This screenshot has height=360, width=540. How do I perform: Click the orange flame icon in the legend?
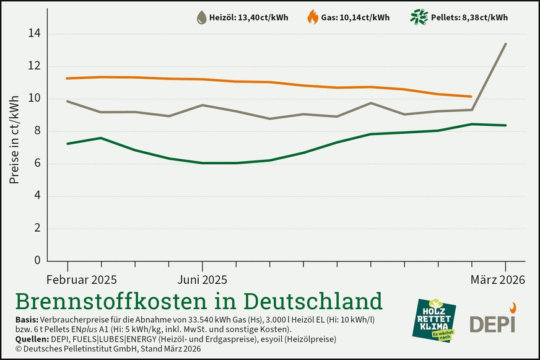point(312,17)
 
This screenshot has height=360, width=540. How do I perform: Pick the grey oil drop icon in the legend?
point(201,17)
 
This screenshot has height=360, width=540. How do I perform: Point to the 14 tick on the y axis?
point(36,33)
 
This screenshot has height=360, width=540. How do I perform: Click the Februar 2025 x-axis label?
point(82,280)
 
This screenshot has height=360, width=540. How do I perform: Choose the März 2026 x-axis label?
point(497,280)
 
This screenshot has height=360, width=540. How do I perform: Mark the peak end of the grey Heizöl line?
point(506,44)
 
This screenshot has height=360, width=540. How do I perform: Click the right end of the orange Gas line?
point(472,97)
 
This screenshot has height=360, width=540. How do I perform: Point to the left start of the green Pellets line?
point(67,144)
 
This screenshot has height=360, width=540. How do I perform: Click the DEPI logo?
point(493,319)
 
